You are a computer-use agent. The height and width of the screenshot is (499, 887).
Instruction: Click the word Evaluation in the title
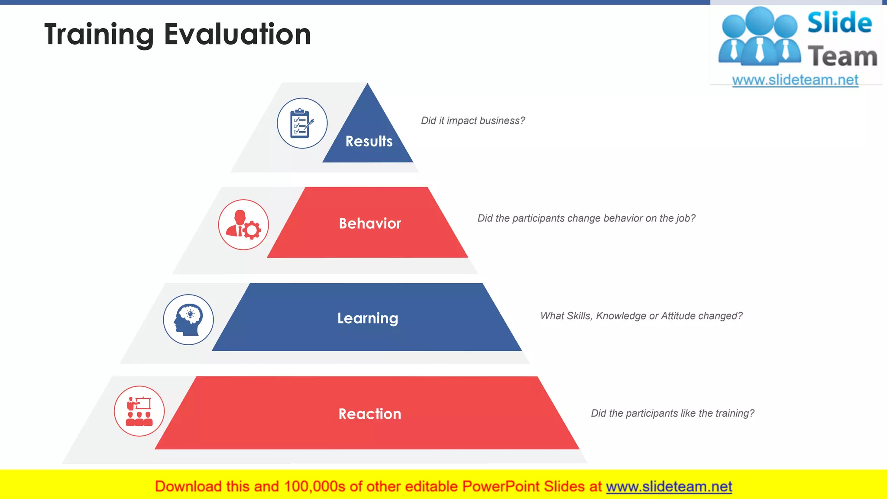point(237,35)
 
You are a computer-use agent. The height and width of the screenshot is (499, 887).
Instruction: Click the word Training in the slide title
point(99,35)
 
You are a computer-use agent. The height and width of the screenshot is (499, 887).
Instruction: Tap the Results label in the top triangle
point(369,141)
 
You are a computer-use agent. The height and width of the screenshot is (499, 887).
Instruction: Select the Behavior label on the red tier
point(370,224)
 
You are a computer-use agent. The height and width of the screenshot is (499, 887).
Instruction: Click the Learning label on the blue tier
point(368,318)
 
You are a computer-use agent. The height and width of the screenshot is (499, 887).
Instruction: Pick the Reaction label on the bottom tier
point(370,414)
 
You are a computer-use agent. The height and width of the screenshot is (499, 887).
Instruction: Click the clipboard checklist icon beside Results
point(302,123)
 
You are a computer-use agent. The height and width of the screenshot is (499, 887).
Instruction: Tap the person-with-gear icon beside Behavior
point(243,225)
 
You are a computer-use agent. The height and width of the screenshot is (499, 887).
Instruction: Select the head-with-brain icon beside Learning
point(188,320)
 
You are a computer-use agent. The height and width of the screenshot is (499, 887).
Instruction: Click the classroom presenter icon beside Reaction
point(139,411)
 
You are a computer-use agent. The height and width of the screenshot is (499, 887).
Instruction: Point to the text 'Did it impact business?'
point(473,121)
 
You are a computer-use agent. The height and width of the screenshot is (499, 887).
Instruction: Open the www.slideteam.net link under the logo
point(795,80)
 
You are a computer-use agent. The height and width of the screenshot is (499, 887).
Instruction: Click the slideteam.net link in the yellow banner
point(669,486)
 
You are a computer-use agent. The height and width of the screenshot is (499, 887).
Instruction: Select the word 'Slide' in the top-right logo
point(839,23)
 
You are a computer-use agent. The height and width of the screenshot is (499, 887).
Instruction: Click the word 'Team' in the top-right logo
point(842,57)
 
